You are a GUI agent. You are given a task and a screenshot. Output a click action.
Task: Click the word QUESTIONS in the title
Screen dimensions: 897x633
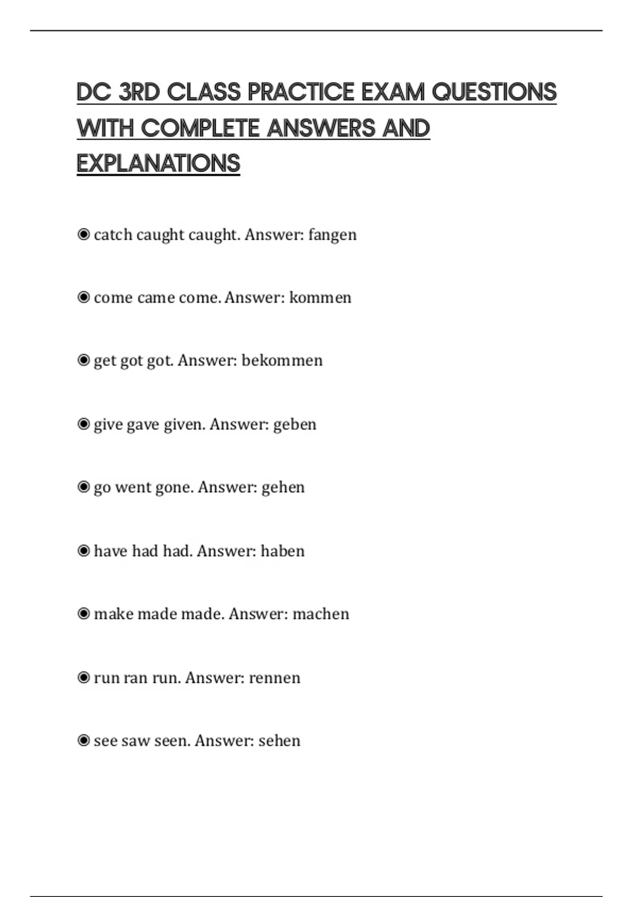pyautogui.click(x=494, y=92)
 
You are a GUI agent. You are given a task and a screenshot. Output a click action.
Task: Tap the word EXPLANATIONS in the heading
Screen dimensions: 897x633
pyautogui.click(x=158, y=164)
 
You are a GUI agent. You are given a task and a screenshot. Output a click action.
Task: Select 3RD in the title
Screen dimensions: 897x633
pyautogui.click(x=139, y=92)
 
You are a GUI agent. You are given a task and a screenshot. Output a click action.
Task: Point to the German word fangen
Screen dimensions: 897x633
pyautogui.click(x=332, y=235)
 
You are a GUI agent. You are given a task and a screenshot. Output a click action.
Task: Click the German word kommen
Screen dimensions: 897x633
pyautogui.click(x=320, y=298)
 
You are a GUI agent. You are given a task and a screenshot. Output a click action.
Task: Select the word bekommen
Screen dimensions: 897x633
pyautogui.click(x=282, y=360)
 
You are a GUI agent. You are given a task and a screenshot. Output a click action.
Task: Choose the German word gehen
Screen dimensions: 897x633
pyautogui.click(x=283, y=487)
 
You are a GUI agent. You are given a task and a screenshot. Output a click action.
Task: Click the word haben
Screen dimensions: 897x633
pyautogui.click(x=283, y=551)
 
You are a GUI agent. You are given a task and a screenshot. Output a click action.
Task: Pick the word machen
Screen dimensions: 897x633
pyautogui.click(x=321, y=614)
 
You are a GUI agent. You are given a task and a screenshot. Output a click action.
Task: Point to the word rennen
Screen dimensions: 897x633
pyautogui.click(x=274, y=677)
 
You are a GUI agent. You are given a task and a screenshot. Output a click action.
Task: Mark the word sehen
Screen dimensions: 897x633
pyautogui.click(x=279, y=741)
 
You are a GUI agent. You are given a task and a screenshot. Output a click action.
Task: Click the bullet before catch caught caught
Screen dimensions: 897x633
pyautogui.click(x=83, y=234)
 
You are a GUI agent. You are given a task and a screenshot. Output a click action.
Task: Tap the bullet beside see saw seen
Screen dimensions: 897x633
pyautogui.click(x=83, y=741)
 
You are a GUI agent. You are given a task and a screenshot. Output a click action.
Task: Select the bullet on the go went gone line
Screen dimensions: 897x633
pyautogui.click(x=83, y=487)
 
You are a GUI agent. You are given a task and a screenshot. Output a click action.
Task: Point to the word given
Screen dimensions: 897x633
pyautogui.click(x=184, y=424)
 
